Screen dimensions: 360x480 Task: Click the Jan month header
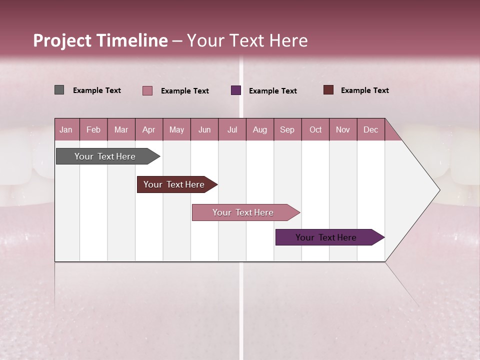66,130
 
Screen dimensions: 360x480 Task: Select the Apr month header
148,130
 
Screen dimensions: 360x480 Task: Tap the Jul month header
232,130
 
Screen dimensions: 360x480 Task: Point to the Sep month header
287,130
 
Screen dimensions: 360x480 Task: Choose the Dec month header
370,130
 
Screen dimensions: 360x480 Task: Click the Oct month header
315,130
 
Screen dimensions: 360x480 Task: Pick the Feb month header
93,130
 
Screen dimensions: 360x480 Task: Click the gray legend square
59,90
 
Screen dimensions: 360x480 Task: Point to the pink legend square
147,90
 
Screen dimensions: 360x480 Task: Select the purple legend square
236,90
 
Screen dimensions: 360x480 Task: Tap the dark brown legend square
328,90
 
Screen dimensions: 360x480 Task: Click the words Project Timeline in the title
100,40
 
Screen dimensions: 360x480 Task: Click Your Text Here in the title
247,40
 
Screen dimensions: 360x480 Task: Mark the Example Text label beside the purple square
272,91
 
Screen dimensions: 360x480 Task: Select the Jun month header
204,130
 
